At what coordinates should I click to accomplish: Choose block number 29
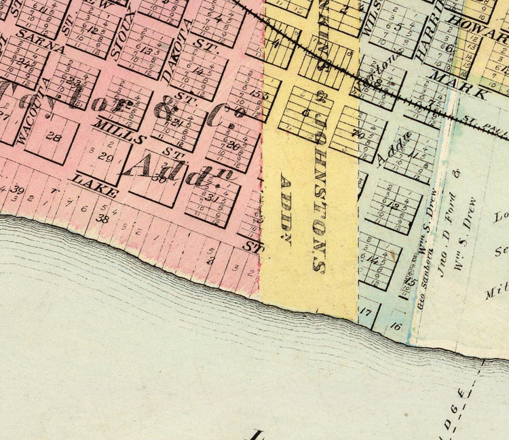[105, 157]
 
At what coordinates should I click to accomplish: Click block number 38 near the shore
[103, 218]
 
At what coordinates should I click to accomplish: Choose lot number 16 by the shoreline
[397, 327]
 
